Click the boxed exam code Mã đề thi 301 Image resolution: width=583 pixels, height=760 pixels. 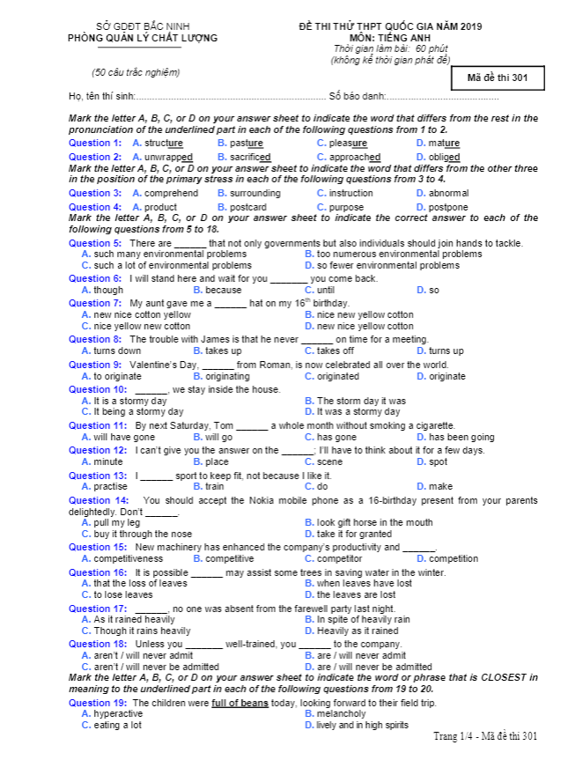(498, 78)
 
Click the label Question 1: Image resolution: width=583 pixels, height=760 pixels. (95, 143)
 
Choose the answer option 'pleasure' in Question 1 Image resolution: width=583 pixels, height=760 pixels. (348, 143)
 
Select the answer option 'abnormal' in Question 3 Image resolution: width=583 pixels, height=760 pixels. (448, 193)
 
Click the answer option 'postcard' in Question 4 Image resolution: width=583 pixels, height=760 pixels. (247, 207)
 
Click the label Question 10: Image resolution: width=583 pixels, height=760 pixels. (98, 389)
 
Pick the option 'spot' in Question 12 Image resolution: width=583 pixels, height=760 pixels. (438, 461)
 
